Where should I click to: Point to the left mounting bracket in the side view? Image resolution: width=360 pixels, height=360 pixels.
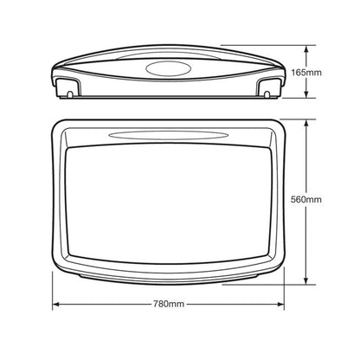click(x=66, y=87)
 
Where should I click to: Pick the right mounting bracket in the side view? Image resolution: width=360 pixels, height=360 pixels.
click(x=269, y=87)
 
